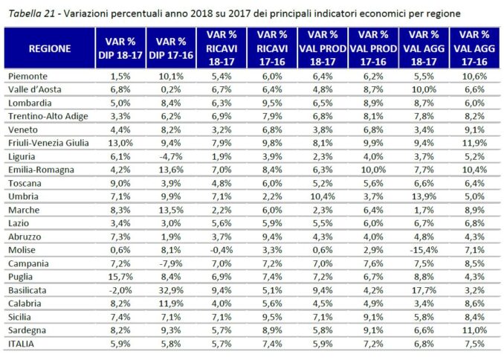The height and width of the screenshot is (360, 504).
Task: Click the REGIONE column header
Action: [50, 48]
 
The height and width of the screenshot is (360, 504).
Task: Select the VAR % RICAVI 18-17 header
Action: [222, 48]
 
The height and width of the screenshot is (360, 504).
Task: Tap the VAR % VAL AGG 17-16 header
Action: [474, 48]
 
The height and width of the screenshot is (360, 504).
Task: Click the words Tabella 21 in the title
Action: [31, 13]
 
